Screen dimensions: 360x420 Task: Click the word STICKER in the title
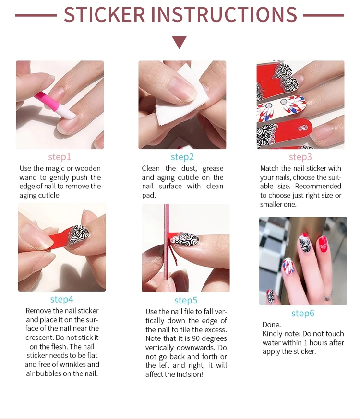pos(104,14)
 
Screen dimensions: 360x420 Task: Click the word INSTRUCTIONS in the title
pos(224,14)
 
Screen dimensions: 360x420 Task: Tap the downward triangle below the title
pos(179,42)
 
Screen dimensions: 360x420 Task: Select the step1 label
pos(60,157)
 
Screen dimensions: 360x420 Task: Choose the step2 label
pos(182,157)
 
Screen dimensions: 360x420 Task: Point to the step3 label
pos(300,157)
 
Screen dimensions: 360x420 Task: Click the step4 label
pos(61,300)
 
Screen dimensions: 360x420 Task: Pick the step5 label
pos(186,300)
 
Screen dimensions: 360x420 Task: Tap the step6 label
pos(303,313)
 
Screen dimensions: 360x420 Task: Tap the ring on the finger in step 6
pos(327,296)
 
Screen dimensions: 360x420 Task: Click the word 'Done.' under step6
pos(272,325)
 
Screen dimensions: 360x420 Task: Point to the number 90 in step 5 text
pos(196,338)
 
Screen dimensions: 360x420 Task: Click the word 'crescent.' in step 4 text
pos(39,338)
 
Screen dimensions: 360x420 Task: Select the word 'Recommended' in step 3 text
pos(318,186)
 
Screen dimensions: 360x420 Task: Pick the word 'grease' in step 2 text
pos(213,169)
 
